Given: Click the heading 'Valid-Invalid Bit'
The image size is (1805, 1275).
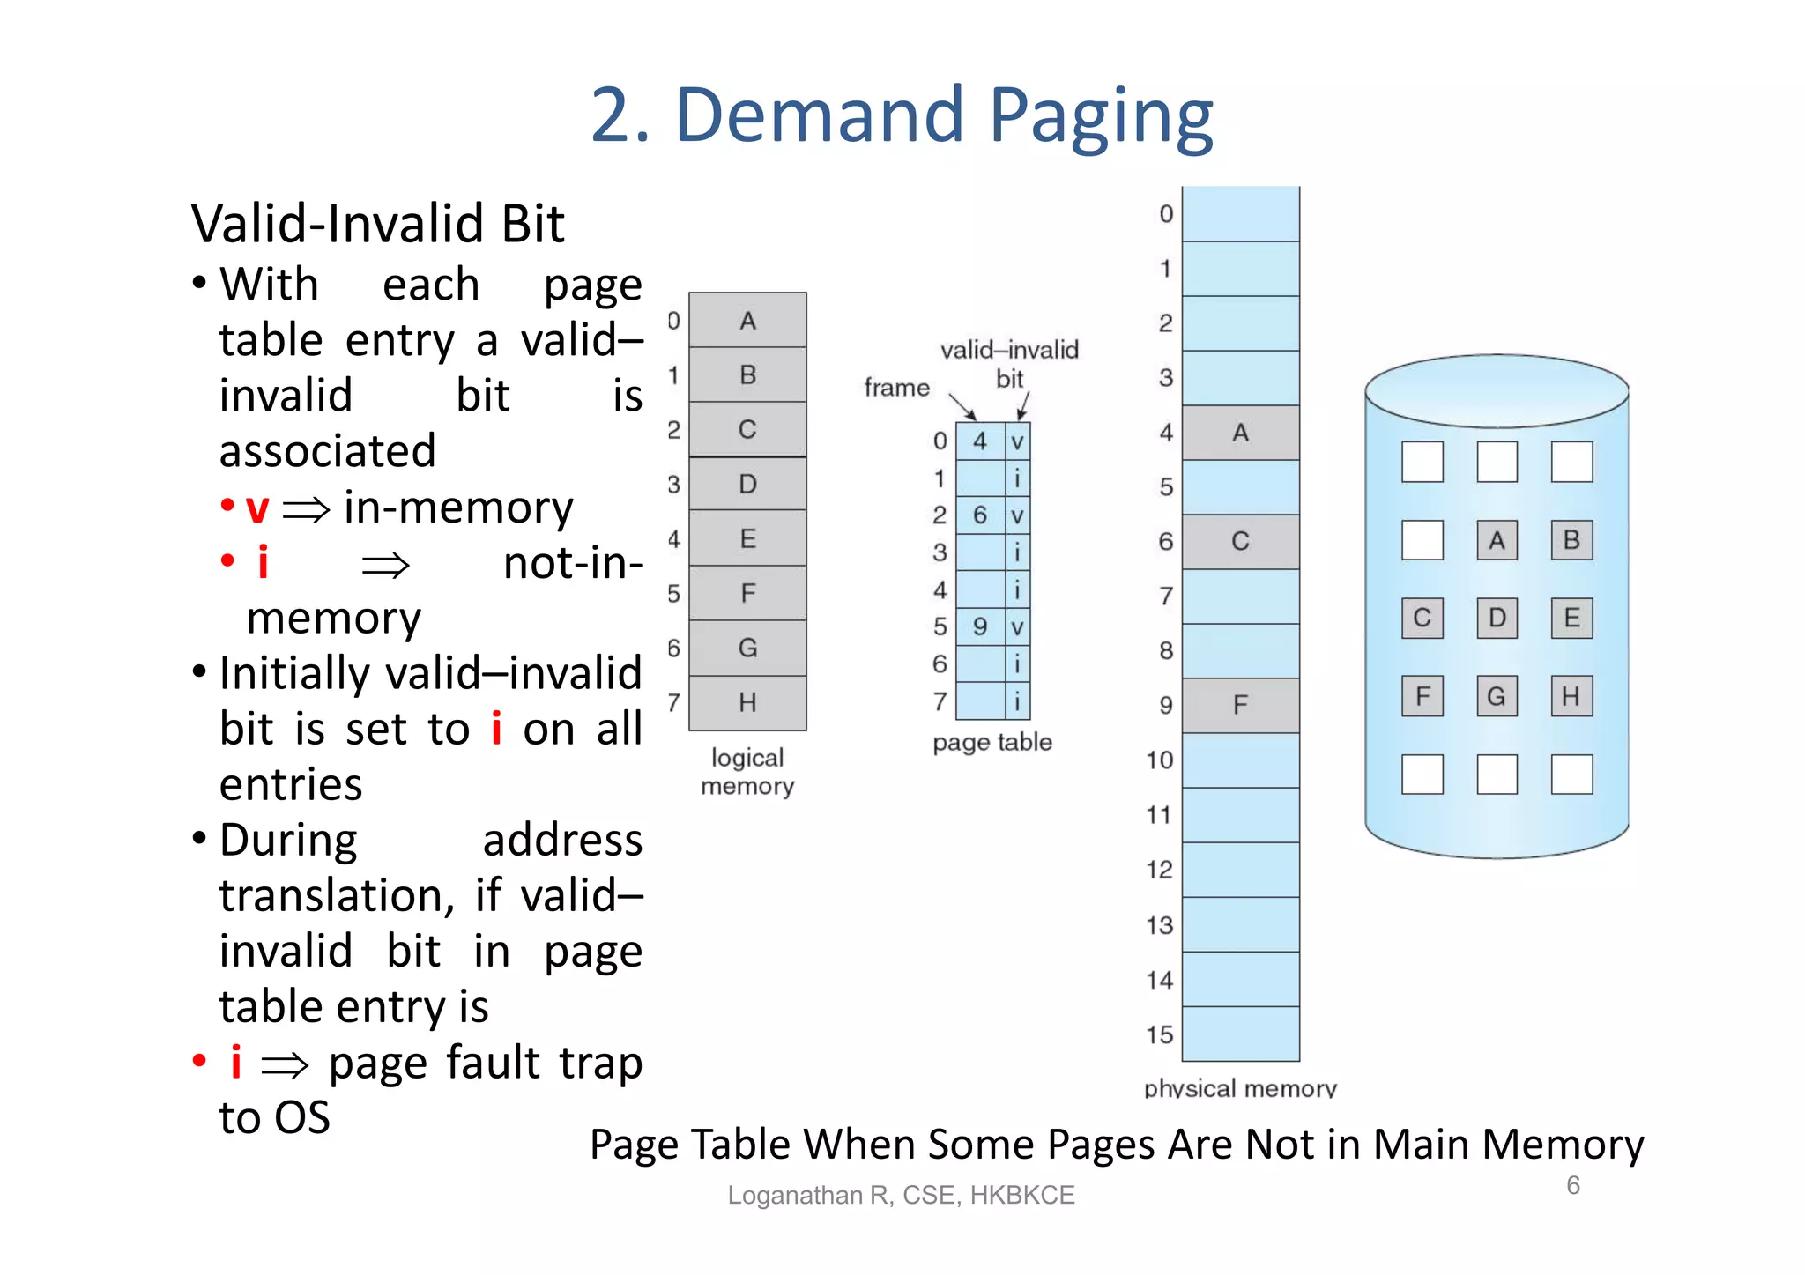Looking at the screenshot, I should click(x=377, y=224).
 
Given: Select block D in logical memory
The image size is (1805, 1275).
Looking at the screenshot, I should click(x=747, y=484).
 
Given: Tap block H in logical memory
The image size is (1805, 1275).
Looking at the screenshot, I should click(x=747, y=702).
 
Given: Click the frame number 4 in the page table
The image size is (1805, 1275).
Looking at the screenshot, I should click(x=980, y=441).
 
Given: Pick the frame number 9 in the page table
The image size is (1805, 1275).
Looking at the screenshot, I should click(x=980, y=626).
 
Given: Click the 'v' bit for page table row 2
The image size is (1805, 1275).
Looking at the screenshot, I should click(x=1017, y=515).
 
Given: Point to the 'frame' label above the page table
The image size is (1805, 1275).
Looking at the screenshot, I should click(x=896, y=388).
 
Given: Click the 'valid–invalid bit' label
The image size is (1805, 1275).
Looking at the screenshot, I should click(x=1009, y=363).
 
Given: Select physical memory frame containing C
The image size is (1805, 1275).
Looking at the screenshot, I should click(x=1240, y=541).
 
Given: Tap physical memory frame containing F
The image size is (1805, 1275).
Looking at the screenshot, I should click(x=1240, y=705).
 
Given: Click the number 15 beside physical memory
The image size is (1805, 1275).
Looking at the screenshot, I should click(x=1160, y=1034).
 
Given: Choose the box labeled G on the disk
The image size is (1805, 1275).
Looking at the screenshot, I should click(x=1497, y=696).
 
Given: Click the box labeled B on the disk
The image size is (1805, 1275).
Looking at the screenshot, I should click(x=1571, y=540).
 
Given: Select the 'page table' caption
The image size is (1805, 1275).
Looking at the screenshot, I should click(x=992, y=742).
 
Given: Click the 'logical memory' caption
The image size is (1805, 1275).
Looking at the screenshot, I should click(x=747, y=772).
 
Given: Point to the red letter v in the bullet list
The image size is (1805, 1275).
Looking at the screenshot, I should click(x=256, y=508).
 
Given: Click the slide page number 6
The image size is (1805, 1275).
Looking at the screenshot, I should click(x=1573, y=1185).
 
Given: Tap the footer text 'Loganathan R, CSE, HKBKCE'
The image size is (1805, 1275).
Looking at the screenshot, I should click(x=901, y=1195).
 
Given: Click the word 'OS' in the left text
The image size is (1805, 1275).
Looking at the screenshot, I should click(x=301, y=1117).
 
